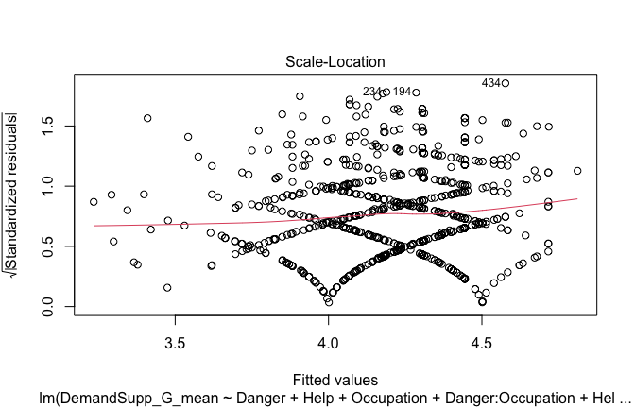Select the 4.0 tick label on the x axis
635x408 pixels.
tap(328, 339)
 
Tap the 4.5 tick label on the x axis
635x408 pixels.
tap(482, 339)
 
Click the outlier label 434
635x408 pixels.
tap(491, 83)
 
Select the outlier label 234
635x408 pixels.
tap(372, 92)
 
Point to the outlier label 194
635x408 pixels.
tap(403, 92)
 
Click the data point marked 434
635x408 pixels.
tap(506, 83)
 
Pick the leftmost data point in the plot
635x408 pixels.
tap(94, 201)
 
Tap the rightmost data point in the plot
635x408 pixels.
tap(577, 171)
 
